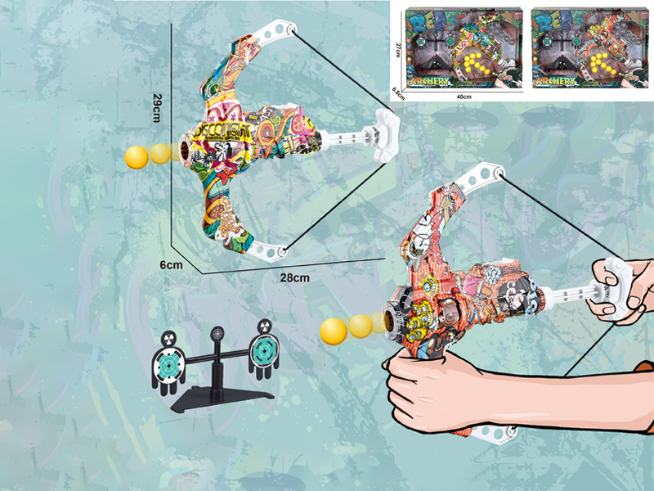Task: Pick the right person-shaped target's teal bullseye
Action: tap(264, 350)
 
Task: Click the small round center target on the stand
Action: tap(217, 335)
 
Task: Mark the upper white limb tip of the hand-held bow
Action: tap(482, 175)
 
